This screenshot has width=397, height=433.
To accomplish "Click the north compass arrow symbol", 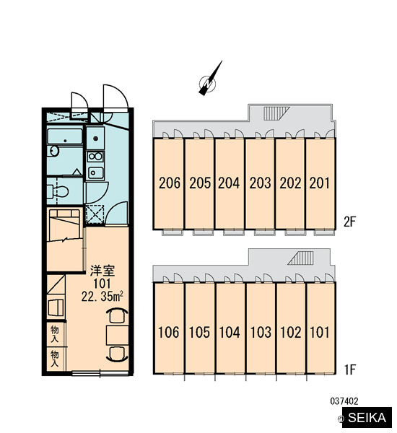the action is click(210, 80).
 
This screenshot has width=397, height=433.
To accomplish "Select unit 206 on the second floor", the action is click(168, 183).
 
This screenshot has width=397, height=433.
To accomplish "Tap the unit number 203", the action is click(260, 183).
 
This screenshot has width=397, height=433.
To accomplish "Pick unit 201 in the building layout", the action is click(320, 183).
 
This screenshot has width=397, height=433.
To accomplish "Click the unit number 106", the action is click(168, 332).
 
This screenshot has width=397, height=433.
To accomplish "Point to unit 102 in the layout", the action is click(292, 328).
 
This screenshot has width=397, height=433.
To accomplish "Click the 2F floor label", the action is click(350, 222).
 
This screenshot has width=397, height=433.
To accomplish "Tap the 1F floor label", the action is click(350, 369).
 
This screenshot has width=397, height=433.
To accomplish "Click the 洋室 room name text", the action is click(102, 271).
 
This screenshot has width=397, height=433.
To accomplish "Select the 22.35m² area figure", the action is click(102, 297).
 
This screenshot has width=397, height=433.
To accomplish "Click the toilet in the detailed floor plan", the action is click(58, 191).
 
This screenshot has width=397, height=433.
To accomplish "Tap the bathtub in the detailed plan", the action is click(65, 136).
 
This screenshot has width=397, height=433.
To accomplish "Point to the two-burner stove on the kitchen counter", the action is click(95, 157).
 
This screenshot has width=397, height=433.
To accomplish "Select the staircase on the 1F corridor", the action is click(300, 258).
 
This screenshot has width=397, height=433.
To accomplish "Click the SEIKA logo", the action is click(367, 418).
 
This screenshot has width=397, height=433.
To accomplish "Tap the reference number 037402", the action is click(344, 401).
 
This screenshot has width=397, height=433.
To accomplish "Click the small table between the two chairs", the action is click(118, 335).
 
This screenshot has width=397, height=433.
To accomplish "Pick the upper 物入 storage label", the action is click(55, 334).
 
